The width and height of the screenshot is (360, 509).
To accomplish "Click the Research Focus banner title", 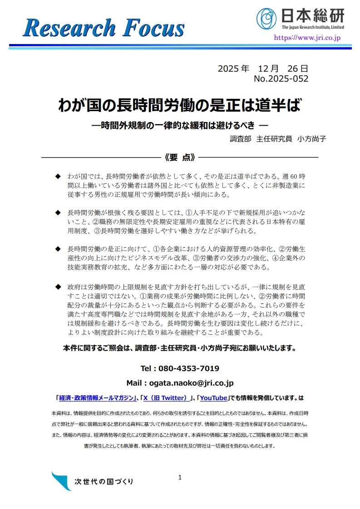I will tap(104, 28).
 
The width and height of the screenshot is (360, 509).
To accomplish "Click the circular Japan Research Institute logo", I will tap(266, 18).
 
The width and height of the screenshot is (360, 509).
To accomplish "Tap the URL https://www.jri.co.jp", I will tap(307, 38).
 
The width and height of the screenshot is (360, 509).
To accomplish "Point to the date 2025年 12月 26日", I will tap(263, 69).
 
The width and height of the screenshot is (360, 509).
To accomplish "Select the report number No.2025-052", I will tap(281, 79).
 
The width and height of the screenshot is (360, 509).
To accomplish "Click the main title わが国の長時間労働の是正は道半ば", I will tap(180, 106).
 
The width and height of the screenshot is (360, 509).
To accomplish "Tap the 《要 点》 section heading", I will tap(180, 157).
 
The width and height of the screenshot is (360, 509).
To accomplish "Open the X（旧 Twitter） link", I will tap(166, 398).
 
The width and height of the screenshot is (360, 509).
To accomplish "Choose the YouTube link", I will tap(213, 398).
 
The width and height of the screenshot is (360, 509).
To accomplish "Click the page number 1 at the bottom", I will tap(180, 477).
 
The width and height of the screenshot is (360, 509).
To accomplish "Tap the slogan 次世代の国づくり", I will tap(104, 481).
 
